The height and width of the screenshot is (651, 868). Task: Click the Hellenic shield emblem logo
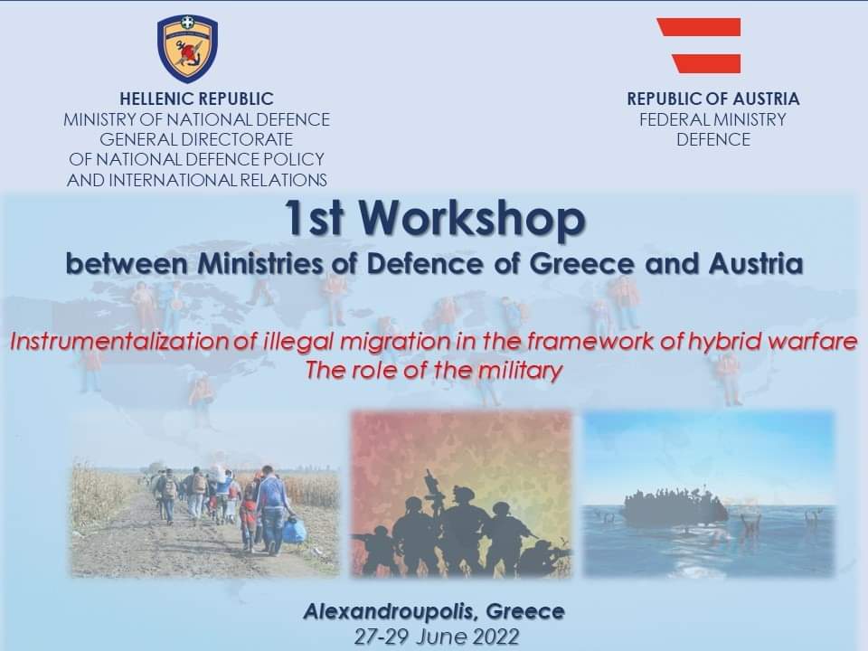point(188,49)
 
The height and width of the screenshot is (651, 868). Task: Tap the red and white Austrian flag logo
point(700,45)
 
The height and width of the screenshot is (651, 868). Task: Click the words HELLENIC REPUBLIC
point(196,99)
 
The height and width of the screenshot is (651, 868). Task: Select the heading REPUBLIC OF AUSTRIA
point(713,99)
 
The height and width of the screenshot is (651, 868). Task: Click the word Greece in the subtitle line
point(581,263)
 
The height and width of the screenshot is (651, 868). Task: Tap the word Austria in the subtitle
point(756,263)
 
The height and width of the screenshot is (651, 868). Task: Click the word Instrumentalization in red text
point(119,341)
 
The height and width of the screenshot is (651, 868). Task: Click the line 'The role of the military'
point(433,370)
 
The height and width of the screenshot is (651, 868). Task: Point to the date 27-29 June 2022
point(437,637)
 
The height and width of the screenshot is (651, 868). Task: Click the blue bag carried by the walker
point(294,530)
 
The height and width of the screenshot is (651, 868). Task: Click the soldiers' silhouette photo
point(461,494)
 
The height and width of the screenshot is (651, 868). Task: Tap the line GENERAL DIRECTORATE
point(196,139)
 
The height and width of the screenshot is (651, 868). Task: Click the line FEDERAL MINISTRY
point(713,119)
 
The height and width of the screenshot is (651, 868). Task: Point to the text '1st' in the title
point(314,218)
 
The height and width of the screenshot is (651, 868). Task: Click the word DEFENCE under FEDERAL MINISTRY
point(713,139)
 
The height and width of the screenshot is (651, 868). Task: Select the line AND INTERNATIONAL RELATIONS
point(196,180)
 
